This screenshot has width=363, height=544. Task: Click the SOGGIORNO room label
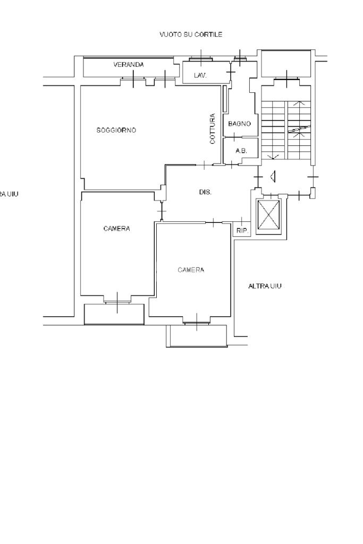[116, 130]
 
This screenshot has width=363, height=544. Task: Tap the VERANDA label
[129, 65]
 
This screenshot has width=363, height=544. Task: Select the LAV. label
[200, 75]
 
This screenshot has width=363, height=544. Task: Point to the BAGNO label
[239, 124]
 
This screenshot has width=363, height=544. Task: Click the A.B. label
[241, 151]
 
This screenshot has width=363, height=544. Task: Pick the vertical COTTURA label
[213, 129]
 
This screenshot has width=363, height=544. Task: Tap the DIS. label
[205, 192]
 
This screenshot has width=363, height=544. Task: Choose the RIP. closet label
[243, 231]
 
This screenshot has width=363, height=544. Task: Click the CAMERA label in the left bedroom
[117, 229]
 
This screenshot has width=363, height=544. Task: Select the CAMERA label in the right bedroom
[191, 270]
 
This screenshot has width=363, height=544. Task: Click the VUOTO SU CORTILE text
[191, 34]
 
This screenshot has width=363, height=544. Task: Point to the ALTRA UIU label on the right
[265, 286]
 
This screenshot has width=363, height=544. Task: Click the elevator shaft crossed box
[268, 215]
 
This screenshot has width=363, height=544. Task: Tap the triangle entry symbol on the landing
[273, 177]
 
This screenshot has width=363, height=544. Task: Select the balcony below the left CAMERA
[114, 314]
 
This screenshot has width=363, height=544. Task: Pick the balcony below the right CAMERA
[197, 336]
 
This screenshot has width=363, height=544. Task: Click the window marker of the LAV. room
[201, 58]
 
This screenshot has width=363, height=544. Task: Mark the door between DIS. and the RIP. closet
[241, 221]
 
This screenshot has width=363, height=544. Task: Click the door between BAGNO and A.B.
[235, 137]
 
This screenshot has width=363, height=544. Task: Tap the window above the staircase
[286, 79]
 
